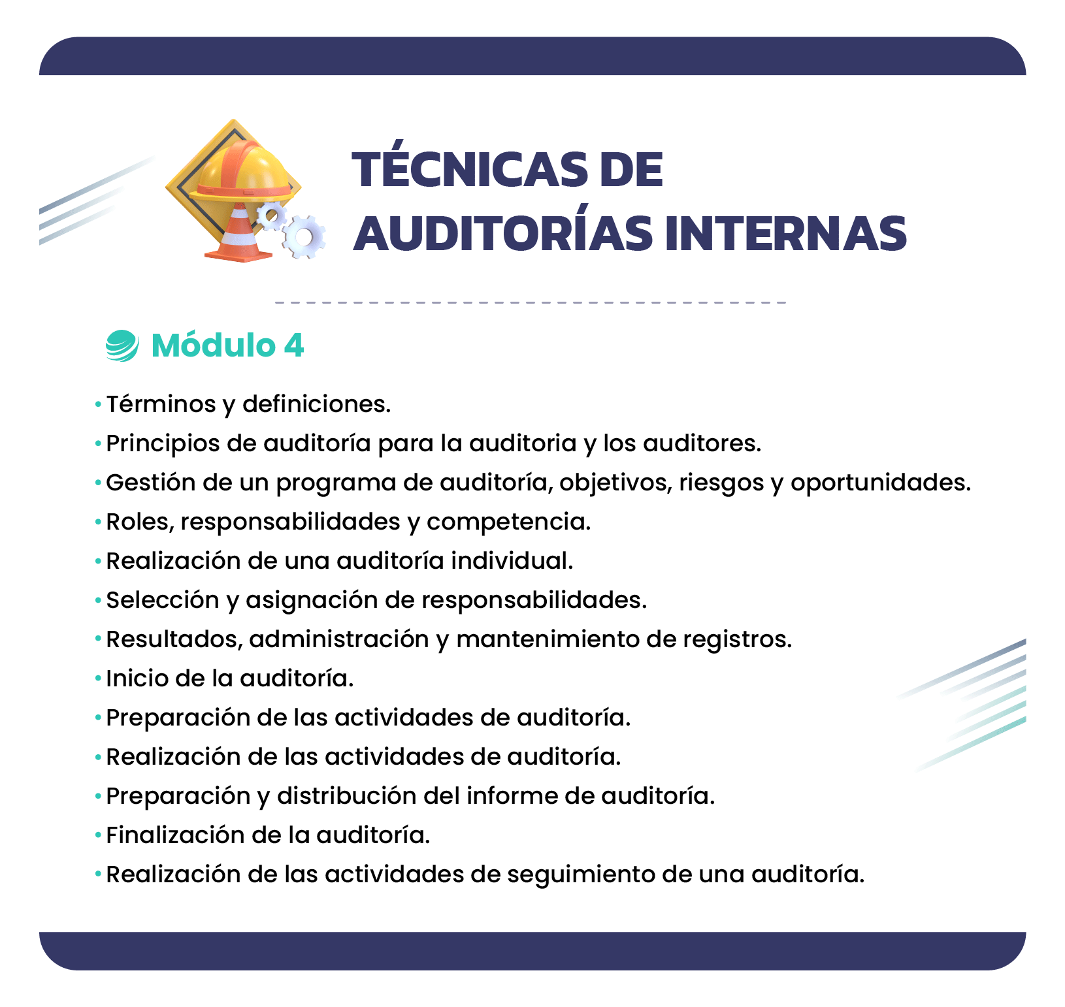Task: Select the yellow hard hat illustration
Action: click(244, 170)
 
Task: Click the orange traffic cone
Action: click(239, 232)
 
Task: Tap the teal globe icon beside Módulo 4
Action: click(122, 345)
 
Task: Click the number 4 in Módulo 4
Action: click(294, 345)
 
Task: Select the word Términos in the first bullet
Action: click(161, 404)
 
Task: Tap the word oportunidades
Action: click(880, 483)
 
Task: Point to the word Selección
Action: click(163, 600)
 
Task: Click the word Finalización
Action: click(175, 835)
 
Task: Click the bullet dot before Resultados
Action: click(98, 639)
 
